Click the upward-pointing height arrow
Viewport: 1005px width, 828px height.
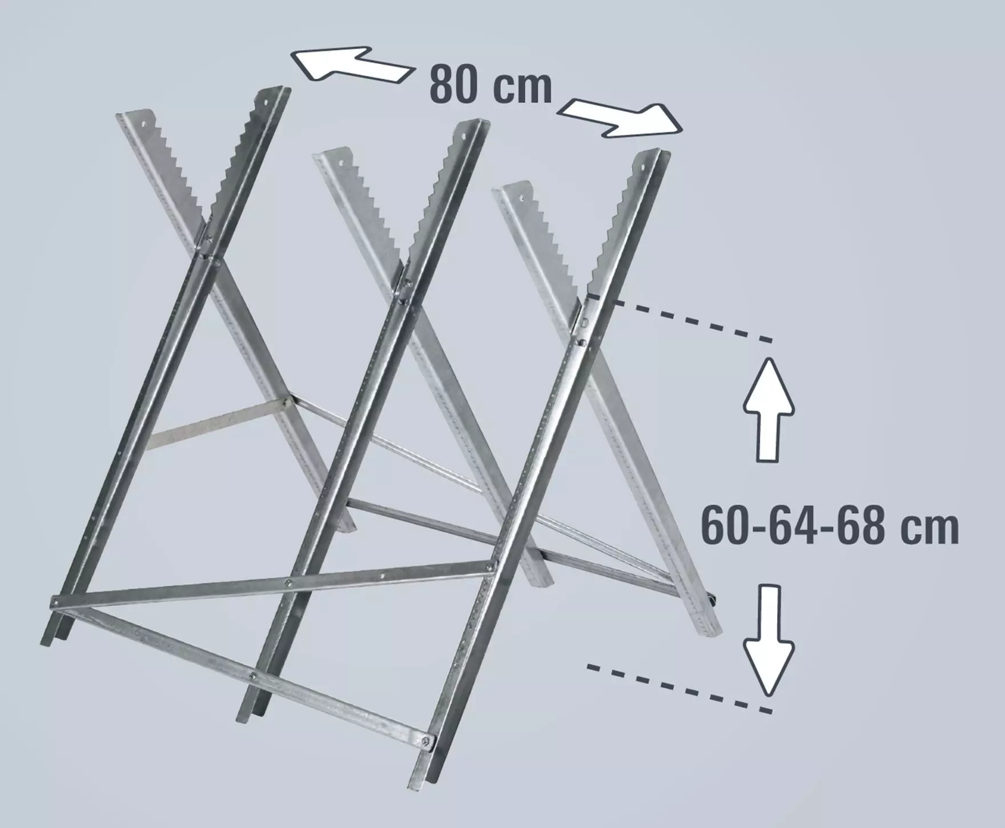pos(768,408)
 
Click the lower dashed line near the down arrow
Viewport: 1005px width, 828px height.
pos(680,688)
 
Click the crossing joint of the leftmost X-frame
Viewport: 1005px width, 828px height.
pos(209,249)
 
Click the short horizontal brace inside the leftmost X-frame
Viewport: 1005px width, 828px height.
pos(217,423)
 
